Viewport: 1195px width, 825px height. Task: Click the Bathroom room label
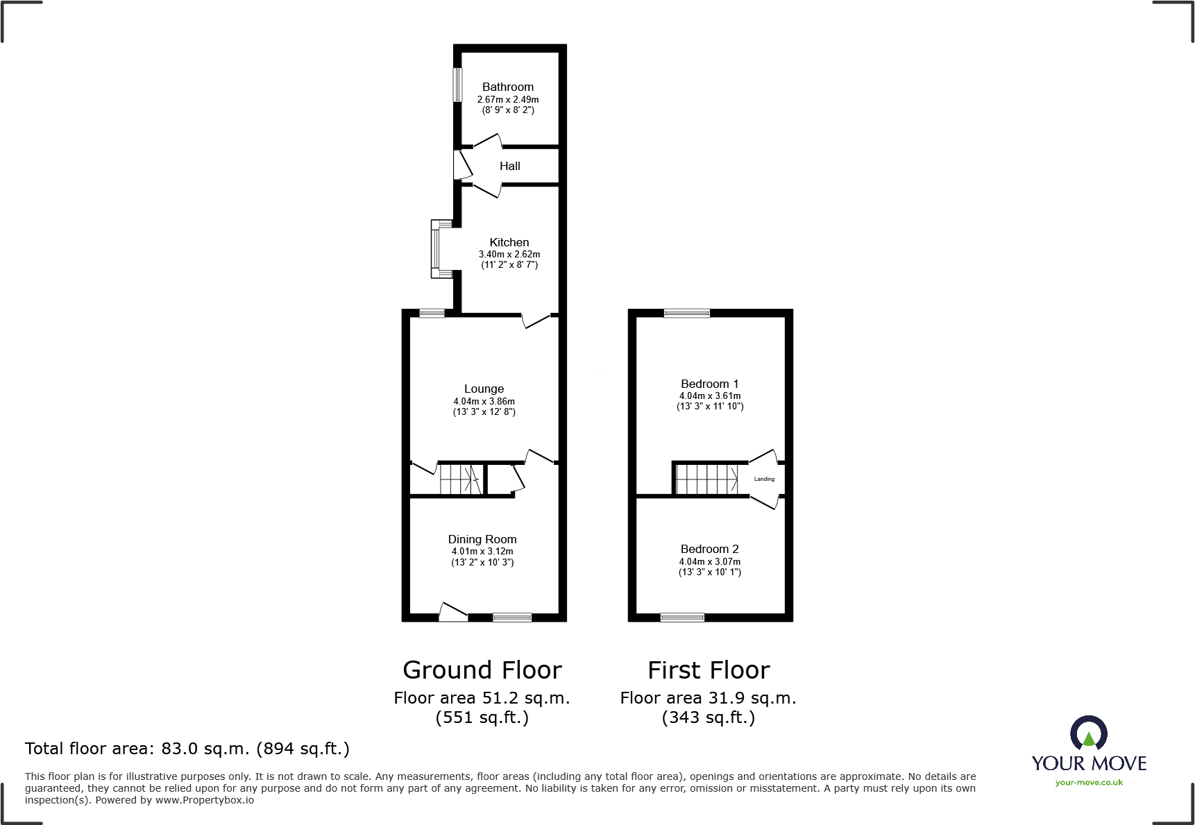[508, 87]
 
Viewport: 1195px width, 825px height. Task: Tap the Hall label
[509, 166]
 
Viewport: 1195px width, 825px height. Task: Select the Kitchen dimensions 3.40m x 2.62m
[509, 255]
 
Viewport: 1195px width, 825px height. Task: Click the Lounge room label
[484, 389]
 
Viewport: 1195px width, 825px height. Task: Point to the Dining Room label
[482, 539]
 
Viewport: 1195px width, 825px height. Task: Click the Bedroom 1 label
[709, 384]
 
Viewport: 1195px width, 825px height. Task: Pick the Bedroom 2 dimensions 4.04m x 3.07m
[709, 562]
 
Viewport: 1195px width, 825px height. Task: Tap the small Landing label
[764, 479]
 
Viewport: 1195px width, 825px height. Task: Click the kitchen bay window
[437, 248]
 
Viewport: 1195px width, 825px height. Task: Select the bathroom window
[457, 84]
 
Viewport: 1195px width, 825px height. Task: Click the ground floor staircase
[459, 479]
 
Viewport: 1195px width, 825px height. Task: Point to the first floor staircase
[706, 479]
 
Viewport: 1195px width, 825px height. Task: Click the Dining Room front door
[453, 613]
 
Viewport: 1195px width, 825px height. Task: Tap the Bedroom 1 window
[686, 313]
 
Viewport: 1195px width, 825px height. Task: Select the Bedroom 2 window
[682, 617]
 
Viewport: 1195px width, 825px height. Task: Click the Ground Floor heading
[482, 670]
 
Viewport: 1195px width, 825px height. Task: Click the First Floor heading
[709, 670]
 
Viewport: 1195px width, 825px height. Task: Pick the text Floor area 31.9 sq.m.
[708, 698]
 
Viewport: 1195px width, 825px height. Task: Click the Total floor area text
[187, 749]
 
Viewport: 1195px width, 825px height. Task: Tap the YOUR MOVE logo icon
[1088, 733]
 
